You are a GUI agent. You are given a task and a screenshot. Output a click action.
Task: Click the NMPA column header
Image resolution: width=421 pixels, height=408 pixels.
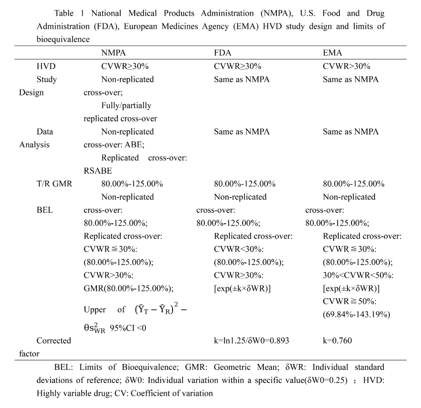[113, 53]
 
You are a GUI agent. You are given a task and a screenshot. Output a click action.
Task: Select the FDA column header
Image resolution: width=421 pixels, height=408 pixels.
[223, 53]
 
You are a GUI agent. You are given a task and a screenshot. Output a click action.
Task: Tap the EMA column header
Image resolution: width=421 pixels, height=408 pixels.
[333, 53]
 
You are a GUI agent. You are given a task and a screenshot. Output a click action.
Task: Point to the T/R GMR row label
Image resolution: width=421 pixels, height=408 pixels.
[54, 184]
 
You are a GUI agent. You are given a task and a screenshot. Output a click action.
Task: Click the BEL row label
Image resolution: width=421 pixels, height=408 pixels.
[45, 210]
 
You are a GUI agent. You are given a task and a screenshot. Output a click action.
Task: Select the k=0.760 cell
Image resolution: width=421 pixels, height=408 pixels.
[337, 341]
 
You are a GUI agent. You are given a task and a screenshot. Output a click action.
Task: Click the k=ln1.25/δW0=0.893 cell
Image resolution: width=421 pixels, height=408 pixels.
[251, 341]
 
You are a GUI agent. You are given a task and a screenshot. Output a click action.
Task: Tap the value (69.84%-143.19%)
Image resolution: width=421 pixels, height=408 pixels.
[356, 314]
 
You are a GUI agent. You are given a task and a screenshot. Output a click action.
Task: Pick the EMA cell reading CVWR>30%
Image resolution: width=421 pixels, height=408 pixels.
[347, 66]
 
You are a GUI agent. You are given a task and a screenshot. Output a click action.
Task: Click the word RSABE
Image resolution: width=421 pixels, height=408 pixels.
[98, 170]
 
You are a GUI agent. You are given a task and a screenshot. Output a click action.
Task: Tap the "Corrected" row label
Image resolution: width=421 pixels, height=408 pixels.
[54, 341]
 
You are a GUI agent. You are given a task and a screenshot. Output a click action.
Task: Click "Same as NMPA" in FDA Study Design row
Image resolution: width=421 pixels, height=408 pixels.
[242, 79]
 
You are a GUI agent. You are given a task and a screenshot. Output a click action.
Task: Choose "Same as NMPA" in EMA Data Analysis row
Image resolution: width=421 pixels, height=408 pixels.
[350, 132]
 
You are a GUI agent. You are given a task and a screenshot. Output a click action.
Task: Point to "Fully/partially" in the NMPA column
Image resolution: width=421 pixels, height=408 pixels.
[126, 105]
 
